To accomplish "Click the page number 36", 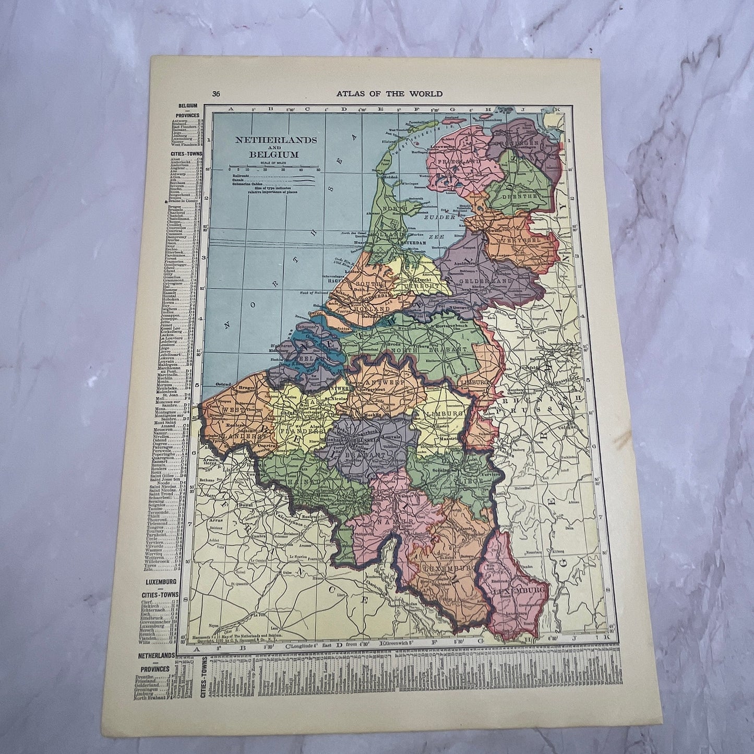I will tap(216, 94).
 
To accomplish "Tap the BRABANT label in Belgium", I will tap(370, 454).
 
